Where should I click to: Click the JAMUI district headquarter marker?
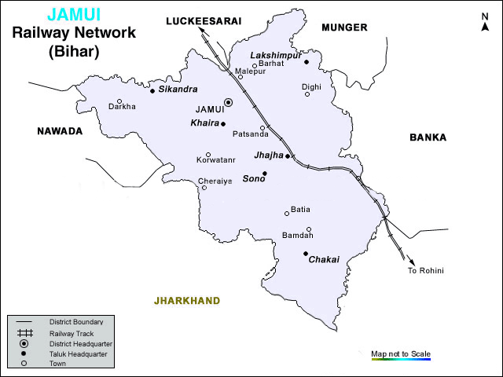[229, 102]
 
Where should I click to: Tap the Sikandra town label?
[178, 90]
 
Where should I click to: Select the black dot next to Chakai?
[306, 253]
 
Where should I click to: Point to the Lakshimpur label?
[274, 55]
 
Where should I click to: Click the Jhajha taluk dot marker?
[288, 156]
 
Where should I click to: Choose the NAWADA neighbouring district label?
[60, 131]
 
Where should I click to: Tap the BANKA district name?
[428, 137]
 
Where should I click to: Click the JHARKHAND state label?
[187, 301]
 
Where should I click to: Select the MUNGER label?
[344, 27]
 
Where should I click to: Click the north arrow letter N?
[484, 16]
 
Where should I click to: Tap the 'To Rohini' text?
[425, 271]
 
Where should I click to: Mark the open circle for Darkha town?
[119, 101]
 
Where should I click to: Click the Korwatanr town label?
[216, 161]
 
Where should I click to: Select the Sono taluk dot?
[265, 174]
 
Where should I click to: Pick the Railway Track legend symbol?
[24, 333]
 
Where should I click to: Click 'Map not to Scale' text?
[401, 354]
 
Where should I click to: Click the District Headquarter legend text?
[81, 344]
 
